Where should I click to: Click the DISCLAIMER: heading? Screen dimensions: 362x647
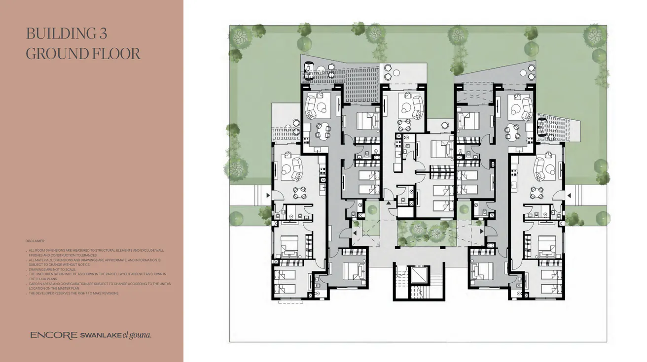pos(35,241)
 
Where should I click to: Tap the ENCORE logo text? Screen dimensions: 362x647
pos(53,335)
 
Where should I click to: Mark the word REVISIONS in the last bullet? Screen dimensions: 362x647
pos(109,293)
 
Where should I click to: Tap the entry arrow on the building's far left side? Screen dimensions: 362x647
pos(268,196)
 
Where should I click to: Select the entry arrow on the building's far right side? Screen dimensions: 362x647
pos(569,196)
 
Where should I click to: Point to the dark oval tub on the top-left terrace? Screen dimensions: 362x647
pos(309,70)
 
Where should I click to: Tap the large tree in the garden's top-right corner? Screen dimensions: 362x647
pos(595,35)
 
